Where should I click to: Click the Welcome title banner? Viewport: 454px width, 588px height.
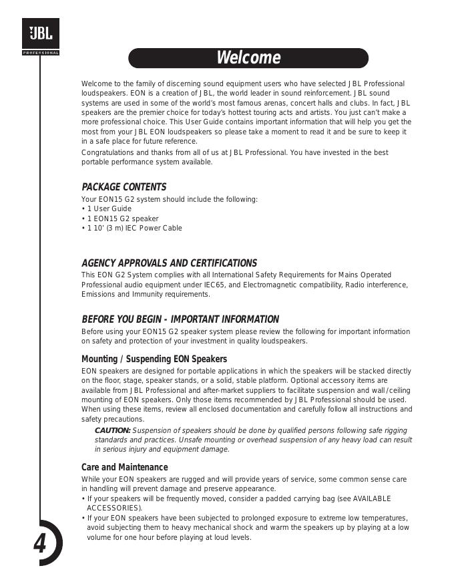point(248,58)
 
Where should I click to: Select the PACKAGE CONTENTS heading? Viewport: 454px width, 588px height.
point(124,187)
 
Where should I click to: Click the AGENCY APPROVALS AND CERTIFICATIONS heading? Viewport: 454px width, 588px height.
point(169,263)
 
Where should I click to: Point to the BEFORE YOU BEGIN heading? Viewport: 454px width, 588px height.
point(180,319)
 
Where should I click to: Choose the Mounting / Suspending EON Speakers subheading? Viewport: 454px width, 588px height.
point(154,359)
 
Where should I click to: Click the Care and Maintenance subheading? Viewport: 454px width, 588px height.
point(124,467)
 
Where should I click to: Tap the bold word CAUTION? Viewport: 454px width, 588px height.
point(112,430)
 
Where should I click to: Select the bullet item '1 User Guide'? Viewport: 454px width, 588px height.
point(109,208)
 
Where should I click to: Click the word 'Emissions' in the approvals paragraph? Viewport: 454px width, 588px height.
point(97,294)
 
